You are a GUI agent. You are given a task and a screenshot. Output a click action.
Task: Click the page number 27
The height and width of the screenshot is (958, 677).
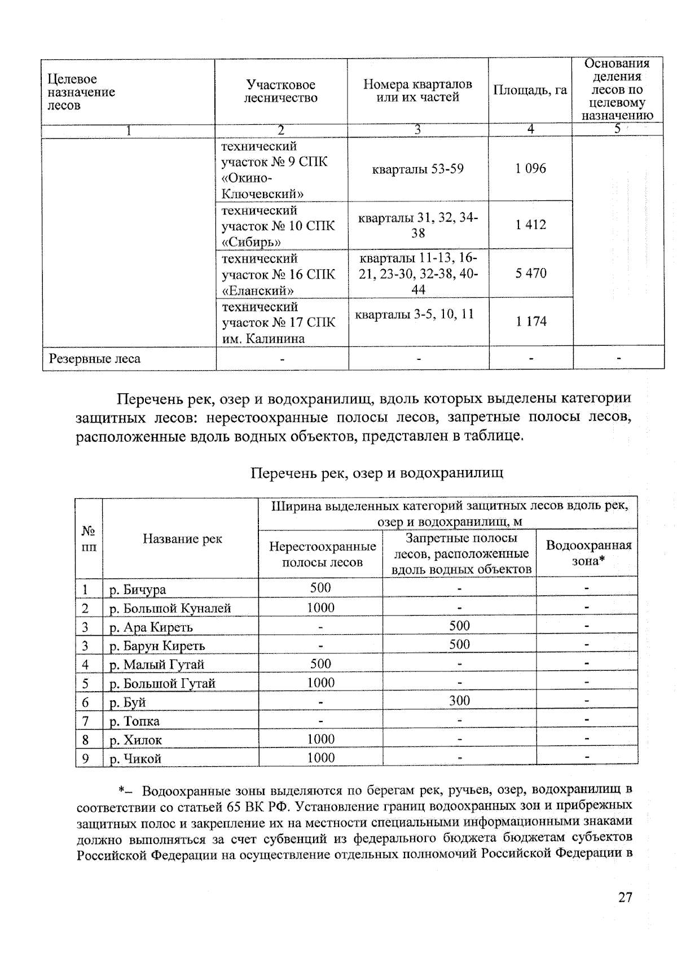pos(625,897)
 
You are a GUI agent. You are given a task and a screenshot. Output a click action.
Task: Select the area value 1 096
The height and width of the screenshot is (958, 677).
pos(530,169)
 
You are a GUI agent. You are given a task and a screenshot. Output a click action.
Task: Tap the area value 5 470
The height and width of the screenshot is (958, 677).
pos(530,273)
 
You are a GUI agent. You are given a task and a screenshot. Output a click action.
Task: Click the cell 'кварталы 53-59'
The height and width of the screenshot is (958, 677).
pos(417,169)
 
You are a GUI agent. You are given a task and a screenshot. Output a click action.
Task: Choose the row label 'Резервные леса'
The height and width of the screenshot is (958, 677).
pos(95,359)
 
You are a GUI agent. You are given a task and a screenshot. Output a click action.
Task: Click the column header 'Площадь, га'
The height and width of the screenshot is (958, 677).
pos(530,90)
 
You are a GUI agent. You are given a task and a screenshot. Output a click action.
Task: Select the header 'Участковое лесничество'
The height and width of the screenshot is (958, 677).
pos(280,91)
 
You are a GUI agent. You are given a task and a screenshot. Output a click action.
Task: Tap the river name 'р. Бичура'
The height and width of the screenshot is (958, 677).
pos(138,590)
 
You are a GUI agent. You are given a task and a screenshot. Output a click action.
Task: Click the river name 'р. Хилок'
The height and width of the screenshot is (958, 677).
pos(135,740)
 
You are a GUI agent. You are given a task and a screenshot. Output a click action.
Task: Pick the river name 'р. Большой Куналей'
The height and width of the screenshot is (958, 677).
pos(170,608)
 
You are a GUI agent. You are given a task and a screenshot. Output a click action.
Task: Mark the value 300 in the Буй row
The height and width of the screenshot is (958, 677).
pos(459,701)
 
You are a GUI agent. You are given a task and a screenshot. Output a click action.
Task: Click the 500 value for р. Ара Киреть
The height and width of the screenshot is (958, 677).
pos(459,626)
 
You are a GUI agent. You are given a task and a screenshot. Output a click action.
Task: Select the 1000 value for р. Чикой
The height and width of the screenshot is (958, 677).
pos(320,758)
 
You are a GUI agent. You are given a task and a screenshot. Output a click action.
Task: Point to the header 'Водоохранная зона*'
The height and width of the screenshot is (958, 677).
pos(588,553)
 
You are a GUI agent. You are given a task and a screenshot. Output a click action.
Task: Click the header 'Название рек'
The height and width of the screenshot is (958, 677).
pos(182,539)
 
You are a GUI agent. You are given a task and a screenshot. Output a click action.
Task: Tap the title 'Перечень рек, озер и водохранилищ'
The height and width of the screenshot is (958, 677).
pos(376,473)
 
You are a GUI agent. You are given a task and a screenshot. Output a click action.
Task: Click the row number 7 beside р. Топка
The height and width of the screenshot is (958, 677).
pos(85,721)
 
